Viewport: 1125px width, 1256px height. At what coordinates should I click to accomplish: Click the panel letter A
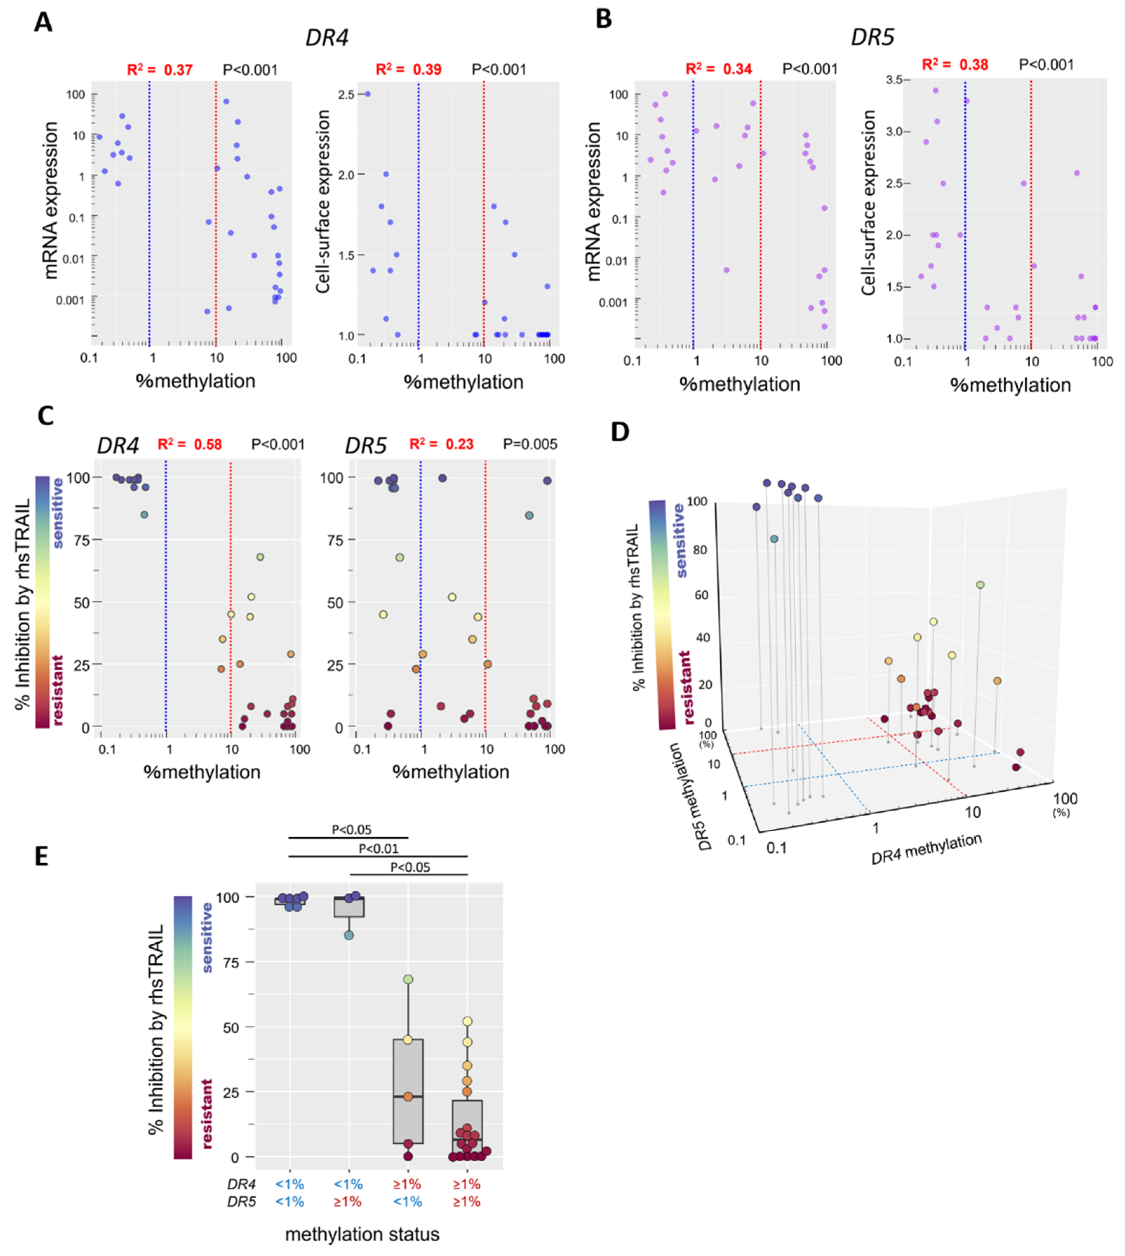coord(43,23)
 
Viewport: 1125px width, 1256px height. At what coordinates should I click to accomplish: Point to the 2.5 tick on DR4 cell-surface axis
coord(346,95)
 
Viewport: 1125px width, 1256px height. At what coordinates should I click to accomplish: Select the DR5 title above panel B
coord(872,38)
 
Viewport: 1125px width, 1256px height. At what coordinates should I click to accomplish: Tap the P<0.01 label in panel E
coord(378,849)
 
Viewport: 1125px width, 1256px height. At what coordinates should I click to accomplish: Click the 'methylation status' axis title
coord(362,1234)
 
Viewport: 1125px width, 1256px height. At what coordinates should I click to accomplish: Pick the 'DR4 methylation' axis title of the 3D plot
coord(926,849)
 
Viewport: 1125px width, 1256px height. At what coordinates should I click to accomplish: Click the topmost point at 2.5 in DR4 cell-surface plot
coord(368,94)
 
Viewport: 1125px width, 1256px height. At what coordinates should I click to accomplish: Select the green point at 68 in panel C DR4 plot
coord(260,557)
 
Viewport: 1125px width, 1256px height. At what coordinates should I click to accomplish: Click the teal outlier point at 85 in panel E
coord(349,935)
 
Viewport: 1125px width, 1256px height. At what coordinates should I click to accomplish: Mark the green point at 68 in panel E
coord(408,979)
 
